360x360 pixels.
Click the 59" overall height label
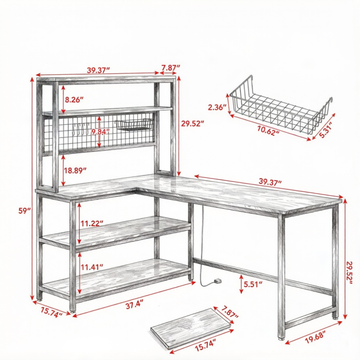coord(25,211)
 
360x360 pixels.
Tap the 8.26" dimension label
coord(74,100)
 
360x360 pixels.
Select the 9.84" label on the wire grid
coord(100,132)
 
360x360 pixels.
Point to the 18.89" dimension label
coord(75,170)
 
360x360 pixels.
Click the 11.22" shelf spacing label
coord(92,223)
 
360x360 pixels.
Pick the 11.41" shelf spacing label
coord(92,267)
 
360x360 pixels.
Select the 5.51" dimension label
coord(253,284)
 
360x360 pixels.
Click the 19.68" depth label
coord(316,337)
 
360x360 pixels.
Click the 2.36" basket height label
coord(217,107)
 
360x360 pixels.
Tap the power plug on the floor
coord(217,281)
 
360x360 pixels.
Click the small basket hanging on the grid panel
coord(134,125)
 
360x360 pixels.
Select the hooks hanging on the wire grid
coord(81,129)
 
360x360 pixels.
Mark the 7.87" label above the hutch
coord(170,68)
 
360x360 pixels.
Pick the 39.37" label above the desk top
coord(270,181)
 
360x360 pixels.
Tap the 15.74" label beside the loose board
coord(205,345)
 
